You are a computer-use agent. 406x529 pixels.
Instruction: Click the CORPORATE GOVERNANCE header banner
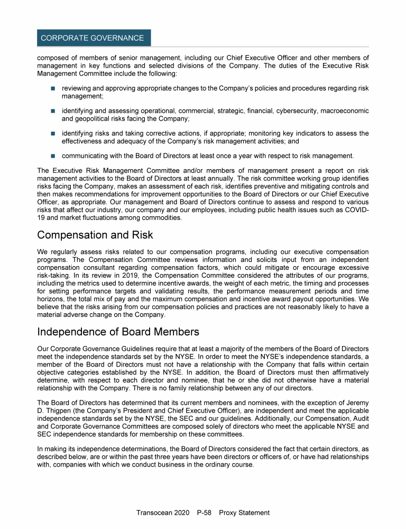pos(94,38)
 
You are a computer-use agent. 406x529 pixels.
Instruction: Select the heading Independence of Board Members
pos(118,332)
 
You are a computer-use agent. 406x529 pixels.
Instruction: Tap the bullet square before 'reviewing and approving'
pos(53,88)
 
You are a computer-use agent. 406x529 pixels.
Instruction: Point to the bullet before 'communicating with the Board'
pos(53,156)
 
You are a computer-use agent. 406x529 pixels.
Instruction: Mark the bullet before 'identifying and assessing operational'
pos(53,111)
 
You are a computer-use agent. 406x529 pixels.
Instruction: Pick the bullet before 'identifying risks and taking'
pos(53,133)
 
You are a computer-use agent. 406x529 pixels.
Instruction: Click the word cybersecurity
pos(286,111)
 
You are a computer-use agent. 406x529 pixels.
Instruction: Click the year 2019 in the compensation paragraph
pos(118,276)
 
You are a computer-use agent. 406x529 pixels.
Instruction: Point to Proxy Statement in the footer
pos(244,513)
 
